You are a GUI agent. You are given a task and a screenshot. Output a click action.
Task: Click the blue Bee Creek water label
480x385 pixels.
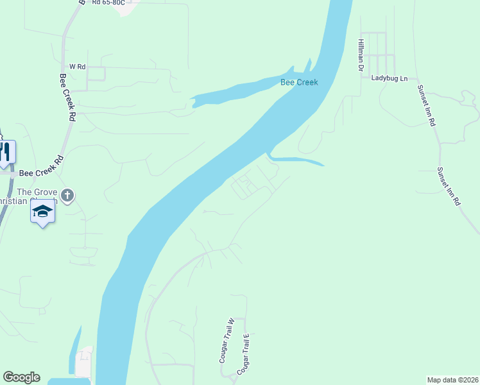coord(299,82)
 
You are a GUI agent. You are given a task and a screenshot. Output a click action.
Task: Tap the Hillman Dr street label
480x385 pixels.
coord(360,53)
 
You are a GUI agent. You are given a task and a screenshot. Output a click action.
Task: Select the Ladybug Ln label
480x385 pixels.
coord(390,78)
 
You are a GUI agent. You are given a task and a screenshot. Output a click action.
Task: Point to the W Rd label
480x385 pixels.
coord(78,67)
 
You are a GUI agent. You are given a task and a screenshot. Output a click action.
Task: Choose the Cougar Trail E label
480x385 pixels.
coord(242,354)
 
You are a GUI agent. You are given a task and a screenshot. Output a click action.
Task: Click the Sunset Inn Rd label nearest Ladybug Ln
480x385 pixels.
coord(427,105)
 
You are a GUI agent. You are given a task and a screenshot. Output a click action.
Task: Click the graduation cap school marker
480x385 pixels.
coord(42,212)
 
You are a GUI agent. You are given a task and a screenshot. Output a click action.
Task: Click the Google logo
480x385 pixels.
coord(21,377)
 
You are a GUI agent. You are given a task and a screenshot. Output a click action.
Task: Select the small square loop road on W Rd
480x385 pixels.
coord(96,74)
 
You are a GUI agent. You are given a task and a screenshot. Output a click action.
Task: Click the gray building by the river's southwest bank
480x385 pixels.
coord(84,363)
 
